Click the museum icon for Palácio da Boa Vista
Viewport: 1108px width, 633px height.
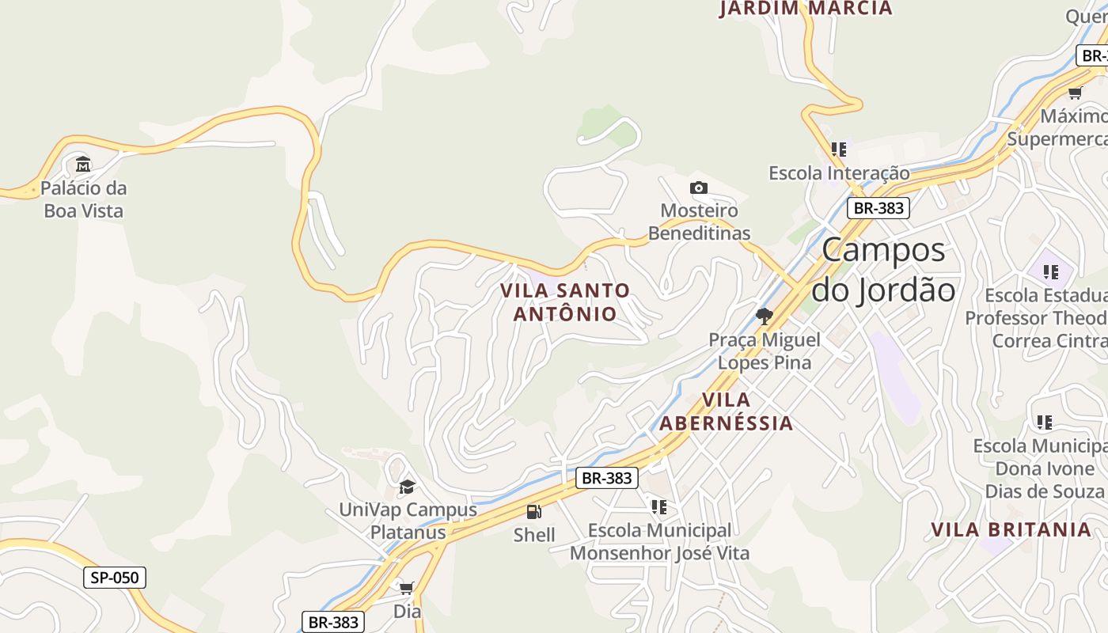coord(83,165)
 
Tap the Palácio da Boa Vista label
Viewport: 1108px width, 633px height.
coord(83,199)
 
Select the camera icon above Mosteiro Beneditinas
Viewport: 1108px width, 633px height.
coord(698,188)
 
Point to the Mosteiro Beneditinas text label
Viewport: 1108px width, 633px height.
coord(699,222)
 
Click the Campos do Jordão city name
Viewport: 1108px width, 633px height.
coord(884,270)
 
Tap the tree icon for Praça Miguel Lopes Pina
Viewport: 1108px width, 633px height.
coord(764,316)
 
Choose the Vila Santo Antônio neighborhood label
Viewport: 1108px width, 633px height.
coord(565,302)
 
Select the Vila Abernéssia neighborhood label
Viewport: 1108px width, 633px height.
coord(726,411)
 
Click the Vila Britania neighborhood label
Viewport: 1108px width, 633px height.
coord(1011,529)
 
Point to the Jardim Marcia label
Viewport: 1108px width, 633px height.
coord(806,9)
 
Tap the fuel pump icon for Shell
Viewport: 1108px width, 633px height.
coord(534,512)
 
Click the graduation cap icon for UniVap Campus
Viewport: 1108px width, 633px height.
coord(407,487)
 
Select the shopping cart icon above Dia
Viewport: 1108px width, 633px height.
coord(407,588)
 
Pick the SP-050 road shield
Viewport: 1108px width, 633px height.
coord(115,578)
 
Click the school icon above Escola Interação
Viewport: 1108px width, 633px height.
coord(839,149)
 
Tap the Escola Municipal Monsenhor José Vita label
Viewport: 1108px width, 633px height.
coord(659,541)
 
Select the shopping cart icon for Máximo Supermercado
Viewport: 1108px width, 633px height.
coord(1075,93)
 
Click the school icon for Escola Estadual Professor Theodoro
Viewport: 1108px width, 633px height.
coord(1050,273)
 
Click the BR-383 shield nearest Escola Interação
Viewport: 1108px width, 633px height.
coord(878,208)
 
